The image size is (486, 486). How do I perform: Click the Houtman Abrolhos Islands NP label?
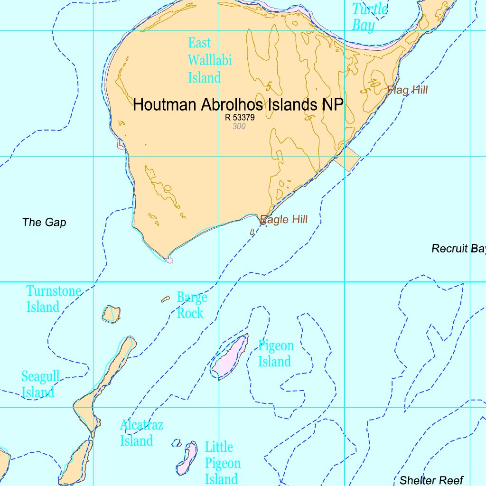(x=238, y=104)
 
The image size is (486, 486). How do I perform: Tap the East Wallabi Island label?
(x=209, y=60)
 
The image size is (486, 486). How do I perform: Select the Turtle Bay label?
(x=369, y=17)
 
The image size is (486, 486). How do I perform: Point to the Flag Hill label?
(x=408, y=90)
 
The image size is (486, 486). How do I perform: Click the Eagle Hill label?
(x=284, y=219)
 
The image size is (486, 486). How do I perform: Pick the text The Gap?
(x=44, y=222)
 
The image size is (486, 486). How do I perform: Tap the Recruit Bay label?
(x=458, y=248)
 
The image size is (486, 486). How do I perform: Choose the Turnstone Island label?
(x=54, y=299)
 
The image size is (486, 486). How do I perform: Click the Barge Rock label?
(x=192, y=305)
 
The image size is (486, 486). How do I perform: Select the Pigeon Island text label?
(x=275, y=354)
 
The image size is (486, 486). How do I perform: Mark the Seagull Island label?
(x=40, y=384)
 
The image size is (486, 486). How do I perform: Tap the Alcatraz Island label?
(x=141, y=432)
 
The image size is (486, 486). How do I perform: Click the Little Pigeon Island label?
(x=223, y=463)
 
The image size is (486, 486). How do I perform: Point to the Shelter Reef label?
(x=431, y=480)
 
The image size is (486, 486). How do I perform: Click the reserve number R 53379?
(x=240, y=117)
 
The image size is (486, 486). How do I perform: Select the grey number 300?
(x=239, y=126)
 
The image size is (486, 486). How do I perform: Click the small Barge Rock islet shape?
(x=165, y=299)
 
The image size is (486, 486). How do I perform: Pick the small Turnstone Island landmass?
(x=111, y=314)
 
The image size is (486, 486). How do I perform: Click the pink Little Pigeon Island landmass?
(x=187, y=458)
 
